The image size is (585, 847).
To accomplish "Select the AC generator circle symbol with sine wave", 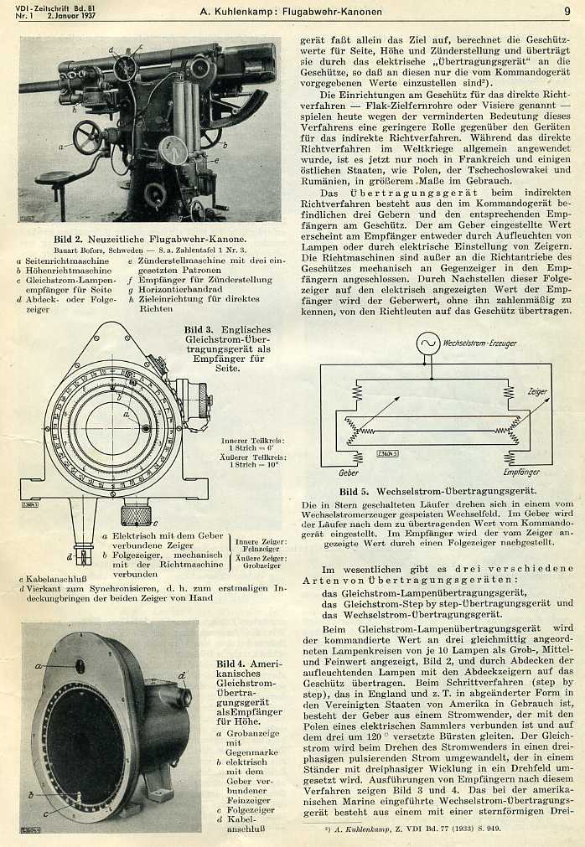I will (428, 343).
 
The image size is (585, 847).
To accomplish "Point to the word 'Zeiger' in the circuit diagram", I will (537, 391).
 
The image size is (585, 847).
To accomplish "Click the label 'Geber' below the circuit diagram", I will (349, 473).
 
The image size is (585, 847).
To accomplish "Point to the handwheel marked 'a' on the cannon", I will (87, 137).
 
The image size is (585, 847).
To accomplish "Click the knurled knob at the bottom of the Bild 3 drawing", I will (136, 513).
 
